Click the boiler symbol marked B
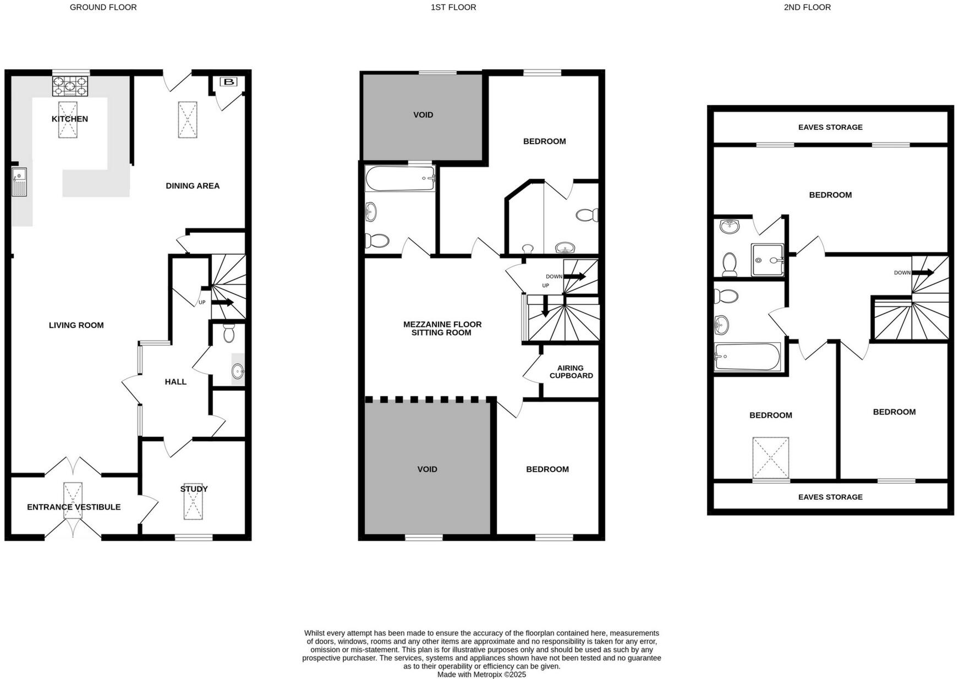pos(228,83)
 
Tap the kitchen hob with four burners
pos(70,86)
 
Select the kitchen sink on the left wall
pos(19,182)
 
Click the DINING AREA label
pos(193,186)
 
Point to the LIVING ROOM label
pos(76,325)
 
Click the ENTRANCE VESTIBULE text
pos(74,507)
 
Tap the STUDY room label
pos(194,489)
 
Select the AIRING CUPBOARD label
pos(571,372)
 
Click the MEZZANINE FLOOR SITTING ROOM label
pos(442,328)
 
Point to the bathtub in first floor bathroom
pos(400,178)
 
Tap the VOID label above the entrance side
pos(427,469)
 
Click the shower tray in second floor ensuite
pos(766,260)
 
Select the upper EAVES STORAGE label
pos(830,127)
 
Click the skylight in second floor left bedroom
pos(770,458)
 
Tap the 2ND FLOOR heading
pos(807,8)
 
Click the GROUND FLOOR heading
pos(103,8)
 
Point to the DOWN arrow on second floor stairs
pos(923,272)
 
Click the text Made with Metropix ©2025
pos(481,674)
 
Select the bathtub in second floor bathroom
pos(747,357)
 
